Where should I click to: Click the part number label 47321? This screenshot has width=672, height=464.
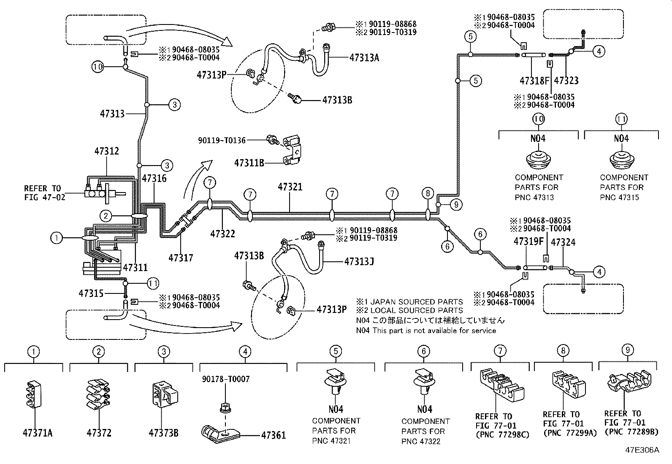pos(290,187)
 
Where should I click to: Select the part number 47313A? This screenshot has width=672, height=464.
pos(364,58)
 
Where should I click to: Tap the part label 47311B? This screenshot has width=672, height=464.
pos(249,163)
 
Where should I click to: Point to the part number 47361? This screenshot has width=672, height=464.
pos(273,435)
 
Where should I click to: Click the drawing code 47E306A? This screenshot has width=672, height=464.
pos(642,450)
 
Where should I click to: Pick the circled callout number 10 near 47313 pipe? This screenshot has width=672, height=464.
pos(98,67)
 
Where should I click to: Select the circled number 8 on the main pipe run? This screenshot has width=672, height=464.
pos(428,194)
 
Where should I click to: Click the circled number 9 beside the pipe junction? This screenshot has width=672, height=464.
pos(456,205)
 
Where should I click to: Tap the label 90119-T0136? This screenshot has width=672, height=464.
pos(222,140)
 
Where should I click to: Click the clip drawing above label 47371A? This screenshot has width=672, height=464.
pos(34,395)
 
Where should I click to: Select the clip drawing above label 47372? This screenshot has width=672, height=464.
pos(98,394)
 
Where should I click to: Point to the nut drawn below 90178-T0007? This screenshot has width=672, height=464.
pos(224,408)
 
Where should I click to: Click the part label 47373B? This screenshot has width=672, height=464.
pos(163,433)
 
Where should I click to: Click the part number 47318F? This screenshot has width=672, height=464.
pos(535,81)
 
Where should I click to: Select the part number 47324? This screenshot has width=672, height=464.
pos(563,242)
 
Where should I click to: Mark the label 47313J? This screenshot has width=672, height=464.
pos(359,262)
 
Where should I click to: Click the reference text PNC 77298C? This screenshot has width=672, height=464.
pos(502,434)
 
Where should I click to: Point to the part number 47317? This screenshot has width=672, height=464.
pos(181,257)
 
